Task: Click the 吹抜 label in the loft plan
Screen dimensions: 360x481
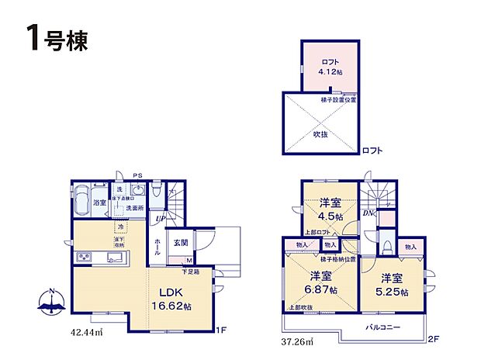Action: pos(320,133)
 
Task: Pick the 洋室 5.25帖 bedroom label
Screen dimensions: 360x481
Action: pos(392,284)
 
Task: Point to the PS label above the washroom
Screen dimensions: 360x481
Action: pos(138,175)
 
